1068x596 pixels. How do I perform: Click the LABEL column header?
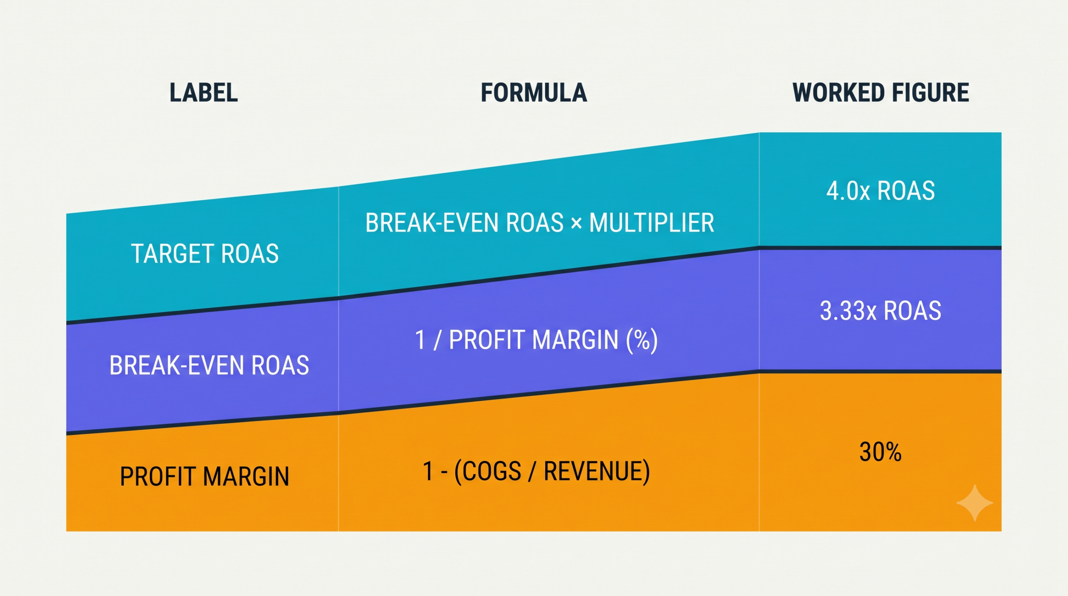(204, 93)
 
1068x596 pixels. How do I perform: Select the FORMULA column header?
(534, 93)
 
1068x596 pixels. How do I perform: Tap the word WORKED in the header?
(836, 93)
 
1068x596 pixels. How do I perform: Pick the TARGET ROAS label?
(205, 254)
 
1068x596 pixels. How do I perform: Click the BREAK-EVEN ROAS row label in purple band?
(209, 365)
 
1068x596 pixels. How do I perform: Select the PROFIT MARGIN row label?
(204, 476)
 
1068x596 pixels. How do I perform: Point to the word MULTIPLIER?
(652, 223)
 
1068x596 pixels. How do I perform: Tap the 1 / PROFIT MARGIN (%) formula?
(536, 340)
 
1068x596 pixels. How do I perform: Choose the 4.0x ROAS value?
(881, 191)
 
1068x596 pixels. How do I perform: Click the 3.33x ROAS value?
(881, 311)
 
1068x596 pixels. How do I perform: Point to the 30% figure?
(880, 452)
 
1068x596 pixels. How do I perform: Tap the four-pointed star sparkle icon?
(975, 503)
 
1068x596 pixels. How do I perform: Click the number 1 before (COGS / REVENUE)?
(428, 471)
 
